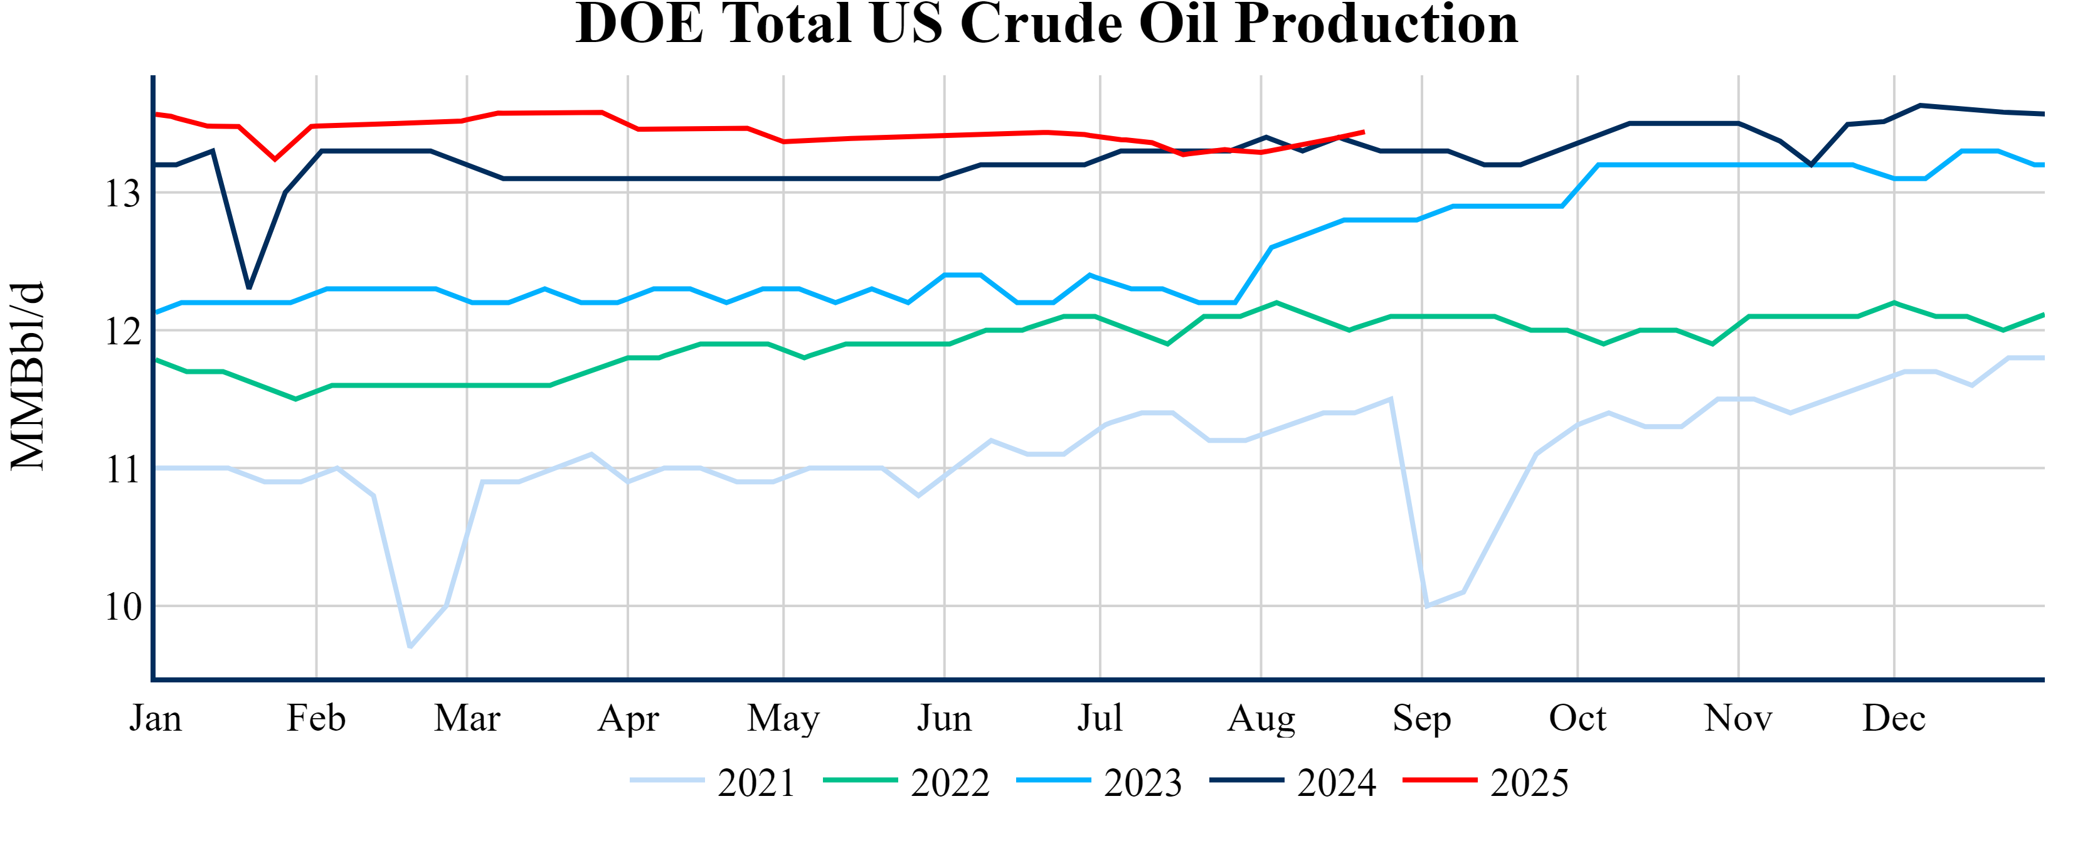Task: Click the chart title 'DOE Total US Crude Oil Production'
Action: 1047,24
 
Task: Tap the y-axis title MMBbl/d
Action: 28,376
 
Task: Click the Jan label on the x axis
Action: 156,718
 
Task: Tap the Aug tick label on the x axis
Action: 1261,718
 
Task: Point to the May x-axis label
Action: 783,718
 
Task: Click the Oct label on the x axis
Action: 1577,718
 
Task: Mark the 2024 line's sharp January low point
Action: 249,288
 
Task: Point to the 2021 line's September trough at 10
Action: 1426,606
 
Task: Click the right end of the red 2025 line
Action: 1364,132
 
